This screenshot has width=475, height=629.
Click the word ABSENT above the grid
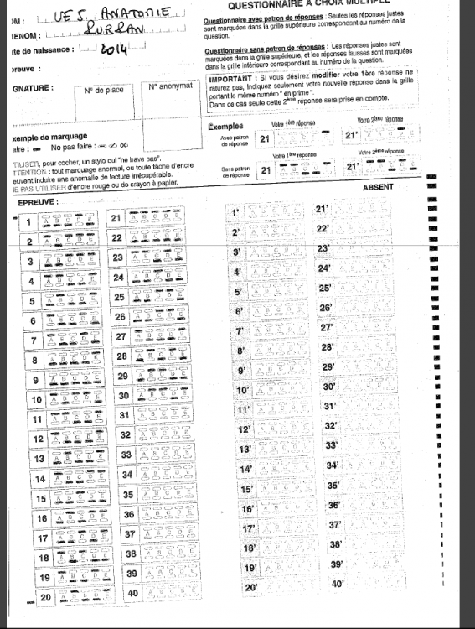379,187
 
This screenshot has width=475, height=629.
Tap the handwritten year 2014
113,51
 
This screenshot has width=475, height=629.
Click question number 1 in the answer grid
29,222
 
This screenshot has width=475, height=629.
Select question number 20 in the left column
46,597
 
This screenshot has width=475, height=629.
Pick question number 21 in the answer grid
116,218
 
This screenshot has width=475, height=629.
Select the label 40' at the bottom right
338,584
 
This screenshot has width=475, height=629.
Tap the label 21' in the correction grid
322,209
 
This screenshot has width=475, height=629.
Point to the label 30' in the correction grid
329,387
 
